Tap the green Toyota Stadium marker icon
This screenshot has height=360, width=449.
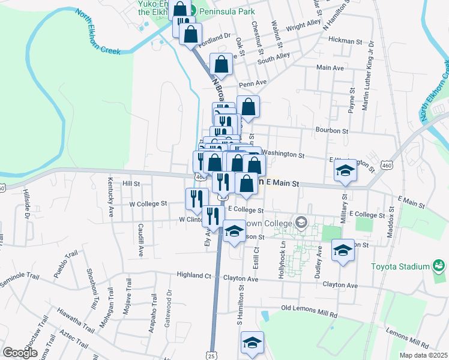point(439,265)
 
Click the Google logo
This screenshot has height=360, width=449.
point(20,353)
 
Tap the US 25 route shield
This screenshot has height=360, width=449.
point(211,355)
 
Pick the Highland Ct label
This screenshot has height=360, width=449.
point(194,276)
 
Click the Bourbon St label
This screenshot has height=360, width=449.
point(332,130)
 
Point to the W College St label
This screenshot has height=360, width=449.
point(148,204)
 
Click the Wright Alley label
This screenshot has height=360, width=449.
point(303,27)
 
